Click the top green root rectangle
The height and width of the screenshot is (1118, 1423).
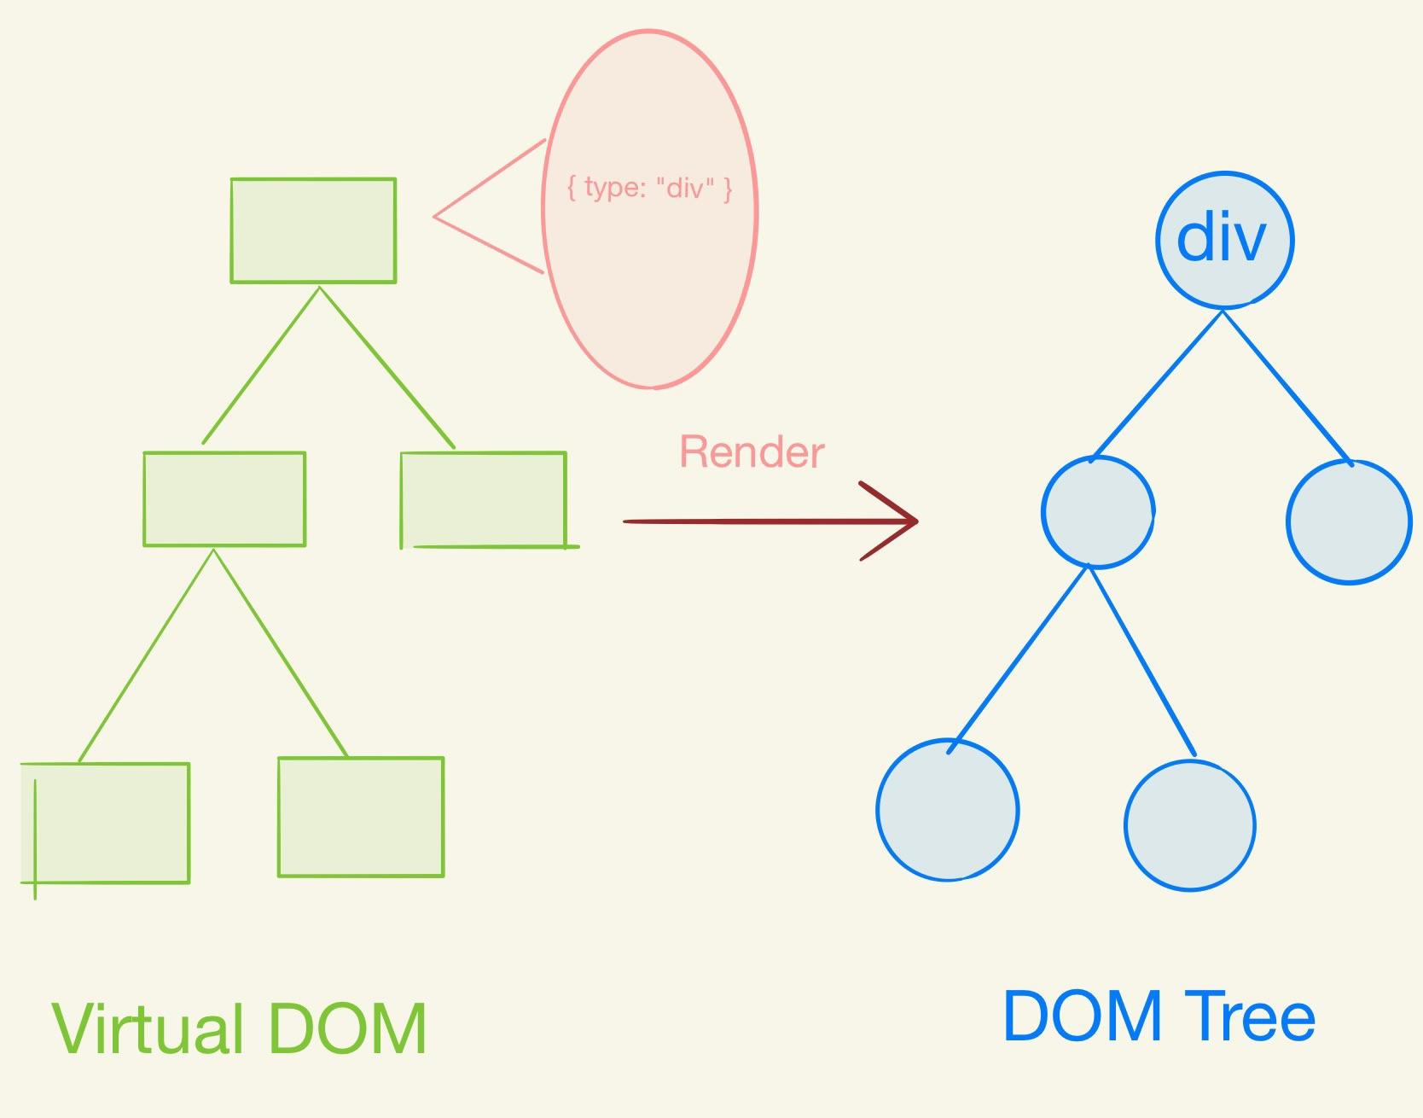coord(313,230)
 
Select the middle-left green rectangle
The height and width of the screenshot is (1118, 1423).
coord(224,498)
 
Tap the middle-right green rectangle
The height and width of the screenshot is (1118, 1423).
coord(483,499)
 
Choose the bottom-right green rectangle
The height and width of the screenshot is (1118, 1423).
coord(361,817)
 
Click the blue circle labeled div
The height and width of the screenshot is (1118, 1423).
coord(1224,240)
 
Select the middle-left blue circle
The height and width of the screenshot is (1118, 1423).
coord(1098,512)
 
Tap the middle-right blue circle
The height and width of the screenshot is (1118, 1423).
coord(1348,521)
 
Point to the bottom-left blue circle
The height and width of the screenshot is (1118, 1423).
coord(948,809)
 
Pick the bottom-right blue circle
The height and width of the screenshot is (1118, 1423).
coord(1190,825)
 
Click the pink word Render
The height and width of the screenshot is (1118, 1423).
coord(752,452)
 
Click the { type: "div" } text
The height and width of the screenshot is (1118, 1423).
coord(649,187)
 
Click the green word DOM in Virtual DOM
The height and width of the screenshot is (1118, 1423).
coord(347,1029)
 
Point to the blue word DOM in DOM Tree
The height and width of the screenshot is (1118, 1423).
coord(1082,1016)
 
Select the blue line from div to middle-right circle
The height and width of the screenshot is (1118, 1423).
coord(1287,386)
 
